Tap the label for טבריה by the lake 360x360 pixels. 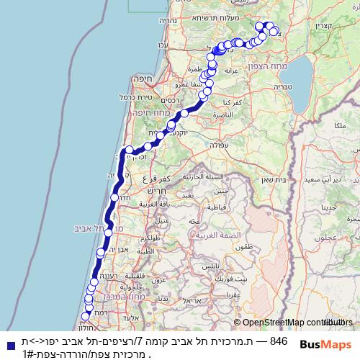point(282,86)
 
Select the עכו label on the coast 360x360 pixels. point(163,45)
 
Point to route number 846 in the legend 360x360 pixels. point(278,341)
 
